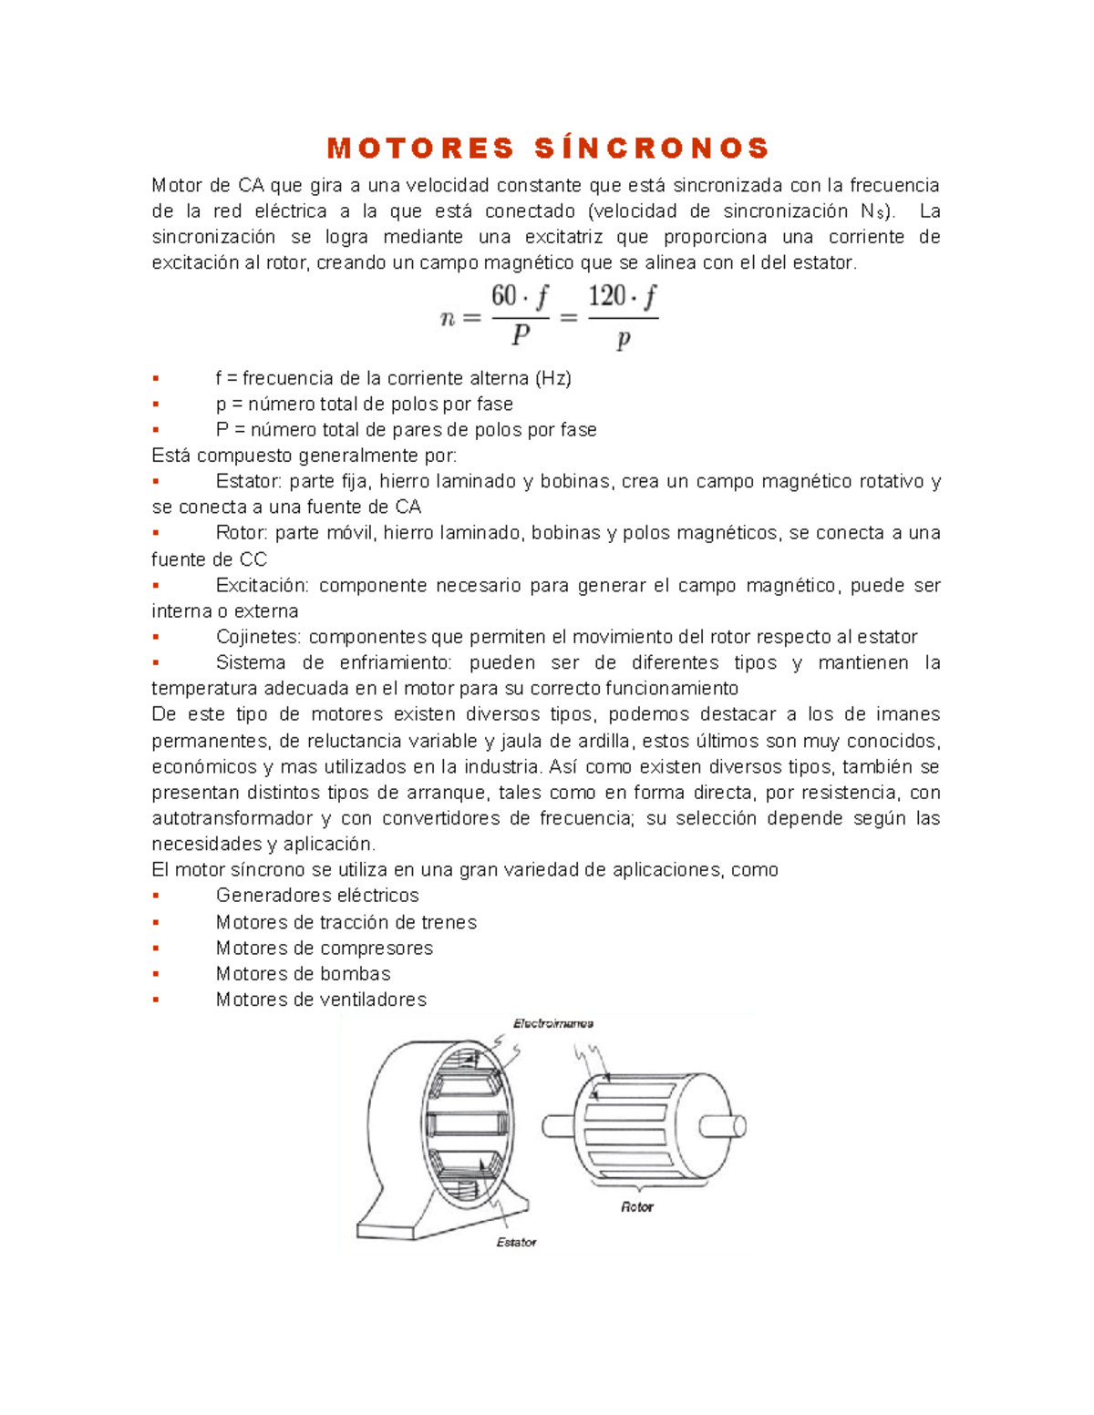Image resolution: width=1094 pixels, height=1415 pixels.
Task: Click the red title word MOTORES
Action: tap(420, 149)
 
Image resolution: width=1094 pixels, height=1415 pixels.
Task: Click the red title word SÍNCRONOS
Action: tap(653, 149)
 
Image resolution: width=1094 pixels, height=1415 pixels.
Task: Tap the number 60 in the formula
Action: tap(504, 296)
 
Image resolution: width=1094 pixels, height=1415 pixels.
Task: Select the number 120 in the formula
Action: tap(607, 296)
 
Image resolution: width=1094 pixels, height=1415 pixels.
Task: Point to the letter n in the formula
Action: tap(448, 319)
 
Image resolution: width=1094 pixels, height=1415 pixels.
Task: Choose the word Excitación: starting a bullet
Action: tap(263, 586)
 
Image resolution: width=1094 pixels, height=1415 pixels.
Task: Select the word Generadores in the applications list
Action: tap(265, 896)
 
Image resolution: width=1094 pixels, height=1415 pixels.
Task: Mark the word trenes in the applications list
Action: tap(449, 922)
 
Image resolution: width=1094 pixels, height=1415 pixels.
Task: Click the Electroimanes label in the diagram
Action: tap(553, 1024)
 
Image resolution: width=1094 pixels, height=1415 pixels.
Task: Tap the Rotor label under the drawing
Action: tap(637, 1207)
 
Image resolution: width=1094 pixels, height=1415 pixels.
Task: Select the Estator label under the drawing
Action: tap(516, 1242)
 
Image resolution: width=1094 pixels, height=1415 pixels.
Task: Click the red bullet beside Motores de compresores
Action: tap(156, 948)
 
